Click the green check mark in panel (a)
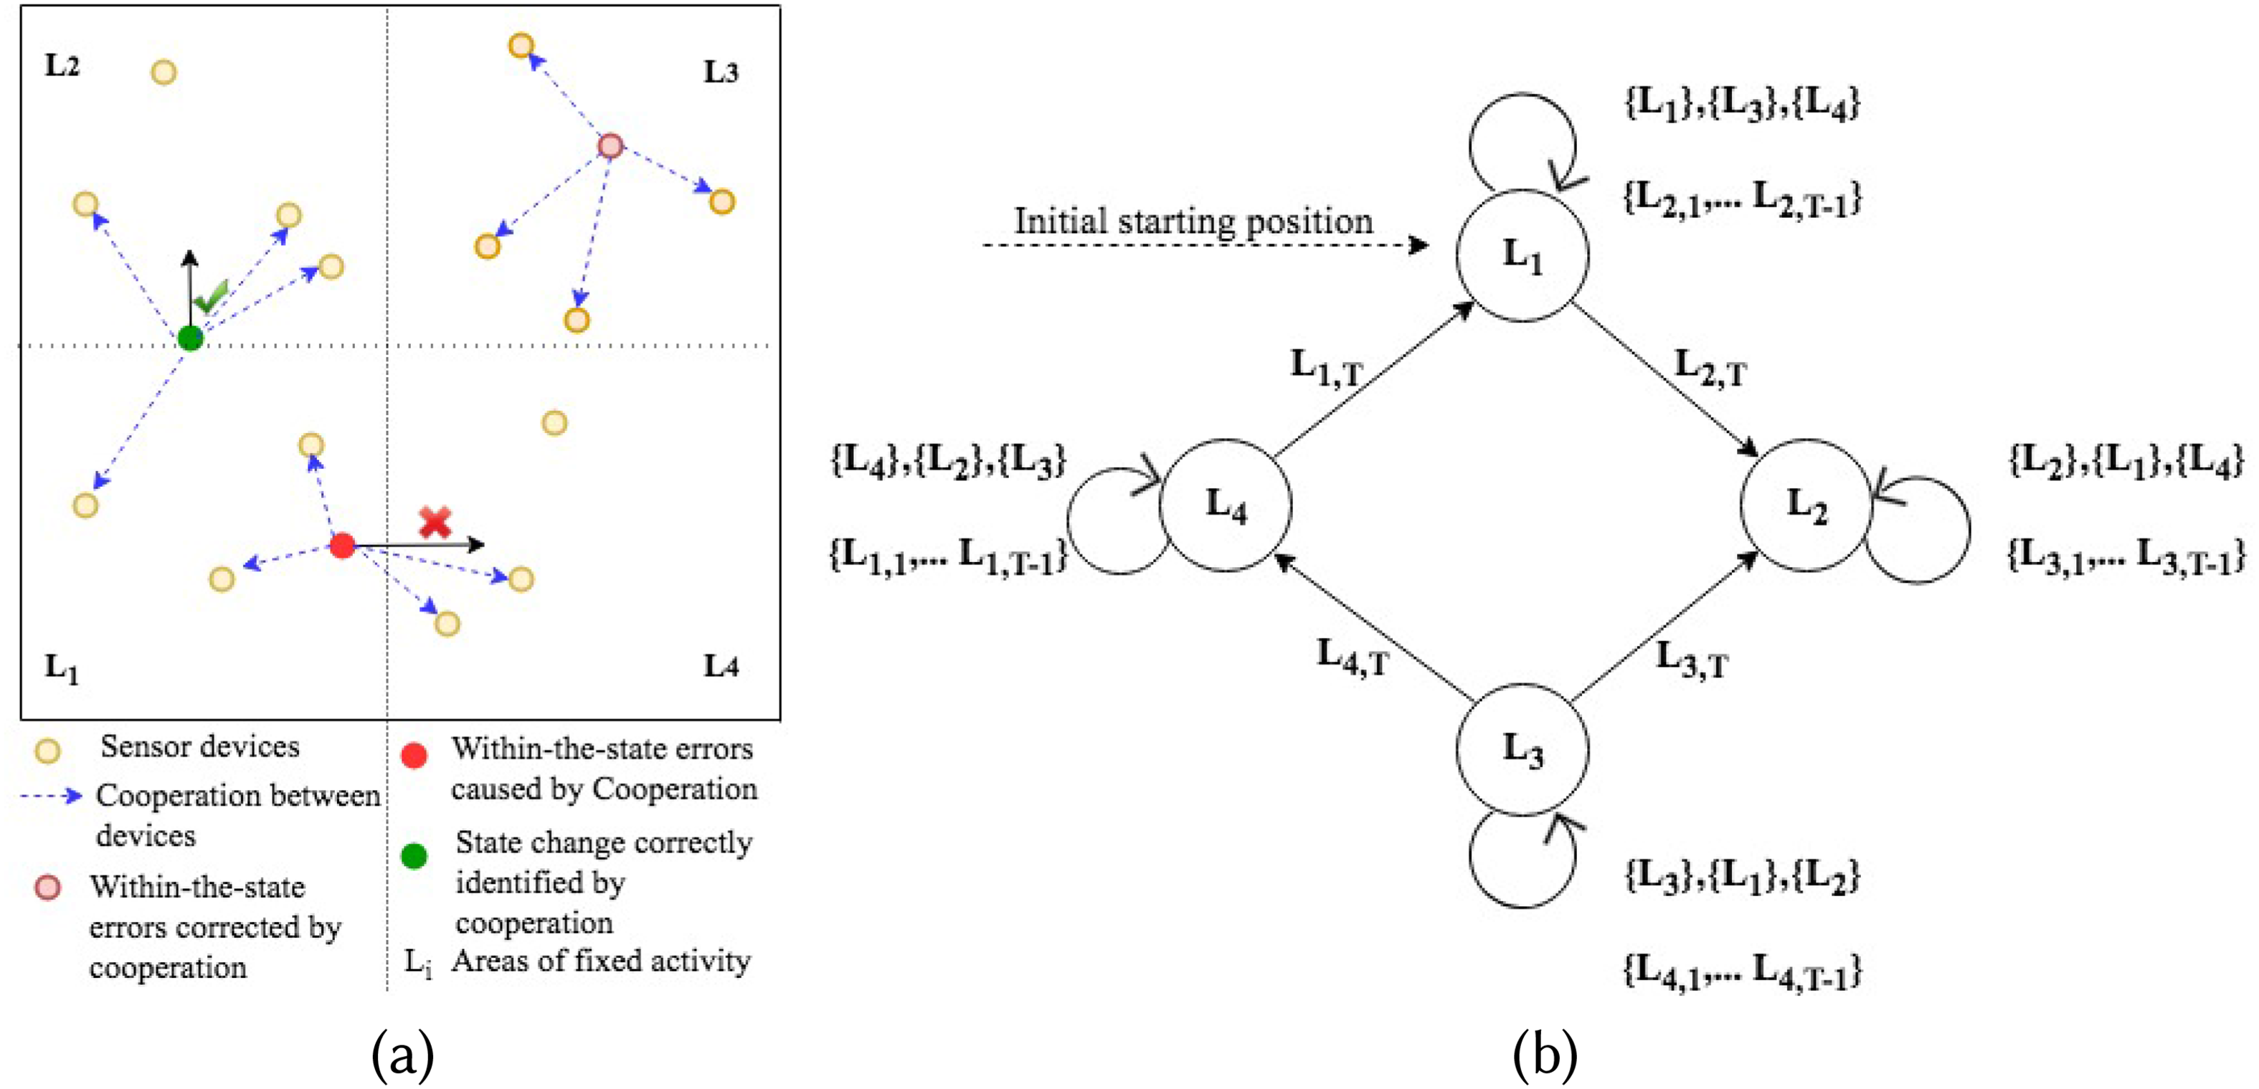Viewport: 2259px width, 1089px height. [x=212, y=298]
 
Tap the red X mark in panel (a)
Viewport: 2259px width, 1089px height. [x=435, y=522]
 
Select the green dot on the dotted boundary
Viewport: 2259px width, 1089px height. [x=190, y=338]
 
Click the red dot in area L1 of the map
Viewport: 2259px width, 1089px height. [x=342, y=546]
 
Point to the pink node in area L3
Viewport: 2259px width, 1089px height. [x=610, y=146]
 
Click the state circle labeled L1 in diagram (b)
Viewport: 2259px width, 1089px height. [x=1522, y=255]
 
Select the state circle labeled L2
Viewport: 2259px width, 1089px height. [x=1806, y=505]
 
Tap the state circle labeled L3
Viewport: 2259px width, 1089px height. [x=1522, y=751]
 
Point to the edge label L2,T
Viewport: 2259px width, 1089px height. [x=1710, y=368]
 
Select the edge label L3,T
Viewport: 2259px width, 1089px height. [x=1691, y=660]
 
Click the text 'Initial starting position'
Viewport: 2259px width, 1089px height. [x=1193, y=221]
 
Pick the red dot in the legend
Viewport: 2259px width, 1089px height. [x=414, y=756]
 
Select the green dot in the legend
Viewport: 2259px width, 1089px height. [x=414, y=855]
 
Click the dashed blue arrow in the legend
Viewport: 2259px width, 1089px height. [x=51, y=796]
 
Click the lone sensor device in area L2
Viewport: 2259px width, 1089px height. [x=164, y=72]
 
